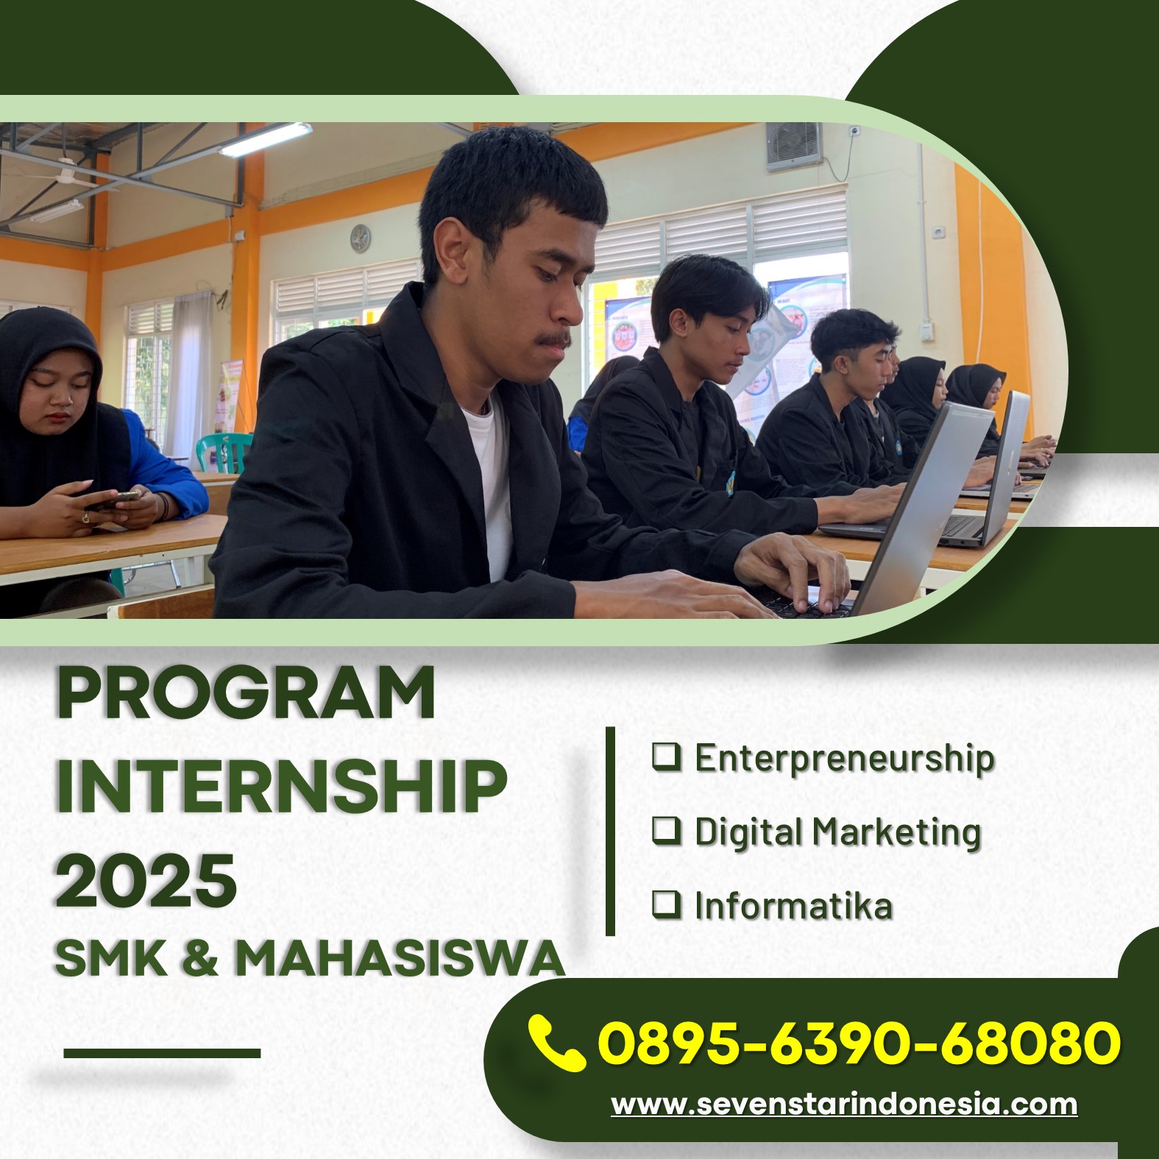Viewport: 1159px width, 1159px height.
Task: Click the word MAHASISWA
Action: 400,958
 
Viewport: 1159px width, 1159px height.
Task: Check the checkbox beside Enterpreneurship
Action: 667,756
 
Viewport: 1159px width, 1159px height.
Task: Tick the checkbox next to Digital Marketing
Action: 667,830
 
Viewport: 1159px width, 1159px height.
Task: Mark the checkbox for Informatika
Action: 667,904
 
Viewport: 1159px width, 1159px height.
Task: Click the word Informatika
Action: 793,906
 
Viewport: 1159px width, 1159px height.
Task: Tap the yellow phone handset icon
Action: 557,1042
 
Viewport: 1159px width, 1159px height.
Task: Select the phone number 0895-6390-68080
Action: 859,1042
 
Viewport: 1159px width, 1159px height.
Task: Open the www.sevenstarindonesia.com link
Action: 844,1105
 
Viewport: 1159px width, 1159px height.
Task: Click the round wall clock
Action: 360,238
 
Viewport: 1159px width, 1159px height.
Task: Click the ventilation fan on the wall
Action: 794,146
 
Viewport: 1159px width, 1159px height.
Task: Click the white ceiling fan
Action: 70,178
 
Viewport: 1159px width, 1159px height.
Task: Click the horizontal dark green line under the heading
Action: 162,1053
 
